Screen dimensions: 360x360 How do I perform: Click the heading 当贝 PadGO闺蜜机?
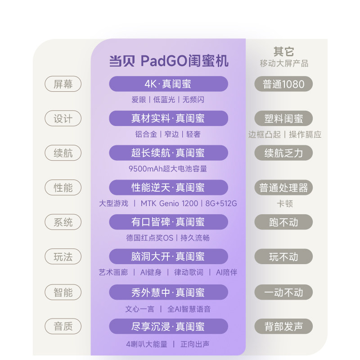click(x=169, y=61)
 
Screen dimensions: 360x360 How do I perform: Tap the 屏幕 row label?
click(x=63, y=84)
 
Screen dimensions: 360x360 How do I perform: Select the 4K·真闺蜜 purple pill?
click(x=168, y=84)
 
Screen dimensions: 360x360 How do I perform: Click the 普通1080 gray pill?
click(x=283, y=84)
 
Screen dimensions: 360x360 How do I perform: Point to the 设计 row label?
click(x=63, y=119)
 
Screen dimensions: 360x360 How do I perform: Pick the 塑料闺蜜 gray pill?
click(x=283, y=119)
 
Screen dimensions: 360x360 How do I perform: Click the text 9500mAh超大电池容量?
click(x=168, y=169)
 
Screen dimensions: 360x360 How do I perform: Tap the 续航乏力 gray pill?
click(x=283, y=153)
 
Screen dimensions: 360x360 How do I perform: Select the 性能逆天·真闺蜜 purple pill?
click(x=168, y=187)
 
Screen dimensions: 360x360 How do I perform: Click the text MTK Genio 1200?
click(x=169, y=203)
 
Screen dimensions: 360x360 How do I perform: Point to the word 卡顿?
click(x=284, y=203)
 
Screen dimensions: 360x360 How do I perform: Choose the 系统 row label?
click(x=63, y=222)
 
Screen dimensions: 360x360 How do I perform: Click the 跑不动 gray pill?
click(x=283, y=222)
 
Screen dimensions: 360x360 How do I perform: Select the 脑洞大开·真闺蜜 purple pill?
click(x=168, y=256)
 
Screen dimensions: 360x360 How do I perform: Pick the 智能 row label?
click(x=63, y=292)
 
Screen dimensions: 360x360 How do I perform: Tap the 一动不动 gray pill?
click(x=283, y=292)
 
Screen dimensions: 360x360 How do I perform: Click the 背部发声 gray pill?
click(x=283, y=327)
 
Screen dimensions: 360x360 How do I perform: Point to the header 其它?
click(x=284, y=52)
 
